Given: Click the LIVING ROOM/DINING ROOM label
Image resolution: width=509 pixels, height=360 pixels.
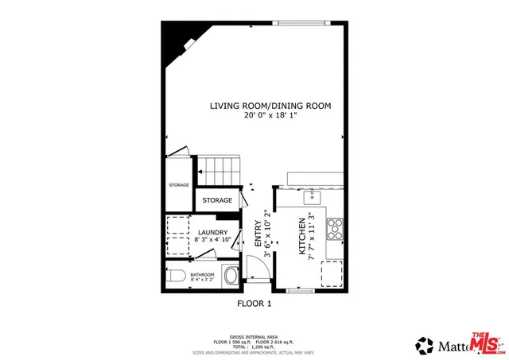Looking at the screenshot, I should [x=270, y=106].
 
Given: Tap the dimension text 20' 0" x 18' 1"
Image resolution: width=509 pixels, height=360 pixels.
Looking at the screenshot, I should [x=270, y=115].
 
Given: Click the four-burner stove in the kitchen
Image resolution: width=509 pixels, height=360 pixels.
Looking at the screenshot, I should [x=334, y=228].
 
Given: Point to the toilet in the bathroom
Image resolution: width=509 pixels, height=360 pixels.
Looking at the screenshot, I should [x=177, y=276].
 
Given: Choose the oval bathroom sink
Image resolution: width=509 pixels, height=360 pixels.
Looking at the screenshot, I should [x=231, y=276].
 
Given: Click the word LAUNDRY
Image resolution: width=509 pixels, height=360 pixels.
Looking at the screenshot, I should [x=212, y=232].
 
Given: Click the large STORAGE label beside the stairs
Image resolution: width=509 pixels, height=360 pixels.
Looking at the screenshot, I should [x=217, y=200].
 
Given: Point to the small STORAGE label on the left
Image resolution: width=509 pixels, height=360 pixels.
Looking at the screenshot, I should [x=178, y=185].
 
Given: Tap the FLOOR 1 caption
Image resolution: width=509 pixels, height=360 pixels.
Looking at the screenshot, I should [x=254, y=304].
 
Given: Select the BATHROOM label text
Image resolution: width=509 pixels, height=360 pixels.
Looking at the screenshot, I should [x=202, y=274].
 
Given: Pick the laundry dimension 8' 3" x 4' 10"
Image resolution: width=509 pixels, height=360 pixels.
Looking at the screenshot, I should [x=212, y=239].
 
